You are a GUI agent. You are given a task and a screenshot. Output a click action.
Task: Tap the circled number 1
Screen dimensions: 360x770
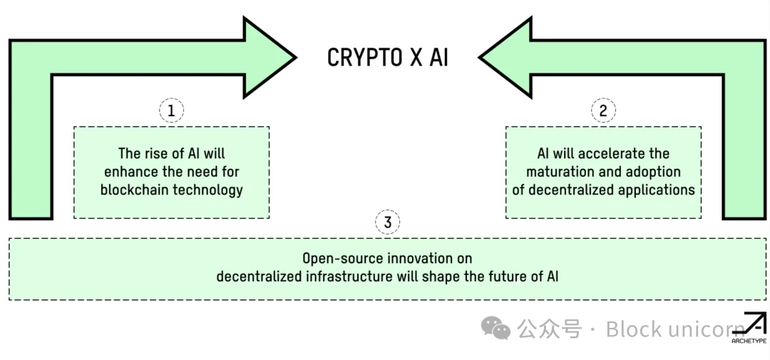click(171, 110)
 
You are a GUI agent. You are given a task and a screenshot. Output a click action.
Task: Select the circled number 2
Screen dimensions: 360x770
click(603, 110)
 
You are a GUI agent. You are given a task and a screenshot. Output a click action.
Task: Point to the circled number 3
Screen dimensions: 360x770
click(388, 222)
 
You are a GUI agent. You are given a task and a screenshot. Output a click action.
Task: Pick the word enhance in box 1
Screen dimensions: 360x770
click(129, 171)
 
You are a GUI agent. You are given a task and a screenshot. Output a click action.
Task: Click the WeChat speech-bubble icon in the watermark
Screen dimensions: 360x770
click(496, 329)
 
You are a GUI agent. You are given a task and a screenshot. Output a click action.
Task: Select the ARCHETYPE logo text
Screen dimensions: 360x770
click(749, 341)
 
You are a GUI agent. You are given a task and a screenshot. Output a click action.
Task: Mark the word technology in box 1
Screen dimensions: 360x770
click(207, 190)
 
